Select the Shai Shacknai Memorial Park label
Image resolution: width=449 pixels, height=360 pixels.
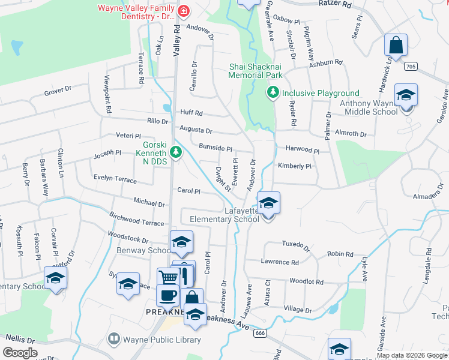click(x=255, y=71)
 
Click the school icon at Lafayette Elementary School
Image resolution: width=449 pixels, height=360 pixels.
click(x=268, y=203)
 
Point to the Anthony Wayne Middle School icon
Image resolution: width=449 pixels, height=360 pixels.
click(x=406, y=95)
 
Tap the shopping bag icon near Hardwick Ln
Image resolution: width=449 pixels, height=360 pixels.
click(x=396, y=45)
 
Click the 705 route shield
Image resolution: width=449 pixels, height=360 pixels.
click(x=411, y=65)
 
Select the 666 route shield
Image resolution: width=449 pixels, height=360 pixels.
click(x=260, y=333)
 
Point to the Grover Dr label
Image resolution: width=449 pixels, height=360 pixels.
click(x=58, y=93)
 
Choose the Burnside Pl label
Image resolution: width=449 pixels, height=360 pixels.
click(x=215, y=148)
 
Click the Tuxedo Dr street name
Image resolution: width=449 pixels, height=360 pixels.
click(x=295, y=245)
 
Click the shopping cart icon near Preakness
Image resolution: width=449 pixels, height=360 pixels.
click(x=169, y=277)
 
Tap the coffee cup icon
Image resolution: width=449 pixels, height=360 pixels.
click(x=167, y=295)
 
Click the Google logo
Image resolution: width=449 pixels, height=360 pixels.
click(x=20, y=353)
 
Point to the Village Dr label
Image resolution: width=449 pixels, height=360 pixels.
click(x=297, y=309)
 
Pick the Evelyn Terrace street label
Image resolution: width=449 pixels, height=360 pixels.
click(x=115, y=178)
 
